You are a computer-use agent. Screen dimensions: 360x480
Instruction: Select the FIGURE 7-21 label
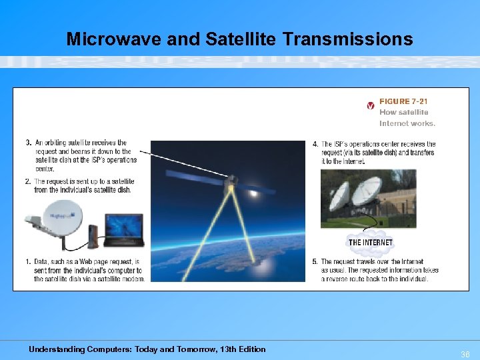(x=403, y=101)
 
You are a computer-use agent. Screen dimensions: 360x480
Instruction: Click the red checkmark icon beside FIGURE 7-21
(x=371, y=105)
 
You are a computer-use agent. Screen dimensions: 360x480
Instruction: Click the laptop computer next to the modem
(x=124, y=231)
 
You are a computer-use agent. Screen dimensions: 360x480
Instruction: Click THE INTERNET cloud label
(x=370, y=242)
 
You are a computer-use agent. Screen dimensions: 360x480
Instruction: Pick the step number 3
(x=29, y=143)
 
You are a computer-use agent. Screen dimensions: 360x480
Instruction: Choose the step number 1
(x=29, y=262)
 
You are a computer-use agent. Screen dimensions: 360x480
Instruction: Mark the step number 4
(x=315, y=145)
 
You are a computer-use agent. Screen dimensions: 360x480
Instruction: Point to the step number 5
(x=315, y=262)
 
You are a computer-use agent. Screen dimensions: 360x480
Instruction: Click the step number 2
(x=29, y=182)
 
